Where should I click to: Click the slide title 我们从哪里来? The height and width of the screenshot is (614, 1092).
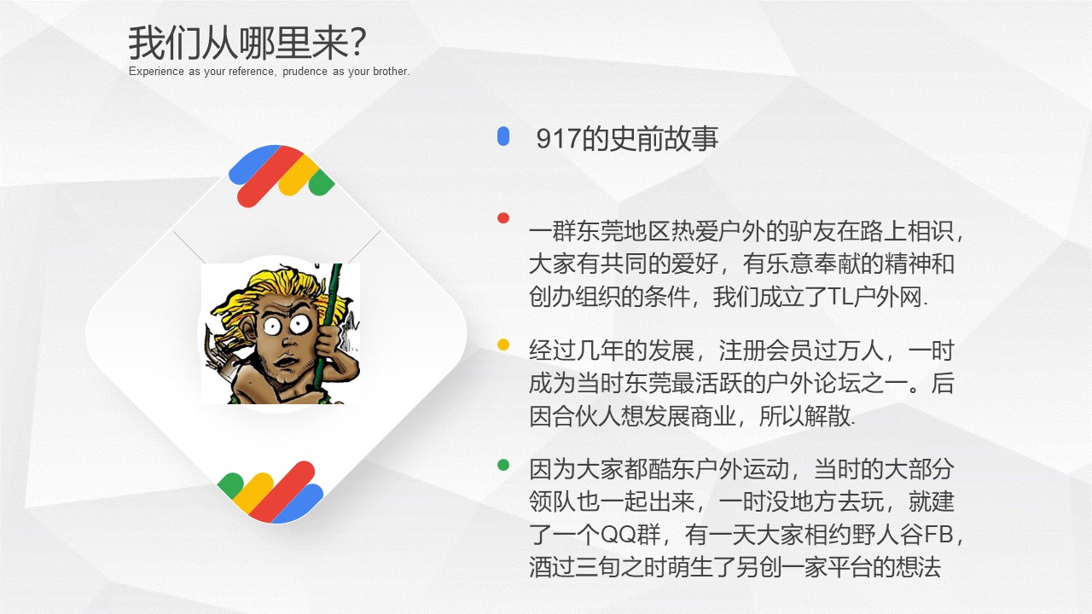point(247,43)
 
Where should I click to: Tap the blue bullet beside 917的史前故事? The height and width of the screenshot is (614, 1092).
point(503,136)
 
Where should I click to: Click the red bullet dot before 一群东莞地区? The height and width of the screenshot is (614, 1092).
point(503,217)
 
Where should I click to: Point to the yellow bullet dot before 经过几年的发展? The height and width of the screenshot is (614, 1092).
point(503,345)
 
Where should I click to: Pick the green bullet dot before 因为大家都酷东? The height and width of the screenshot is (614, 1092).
point(503,466)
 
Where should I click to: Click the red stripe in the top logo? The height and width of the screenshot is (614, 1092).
point(271,177)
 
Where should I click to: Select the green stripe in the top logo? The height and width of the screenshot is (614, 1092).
point(322,182)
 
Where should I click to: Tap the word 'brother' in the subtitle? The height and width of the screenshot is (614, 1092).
point(390,72)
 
